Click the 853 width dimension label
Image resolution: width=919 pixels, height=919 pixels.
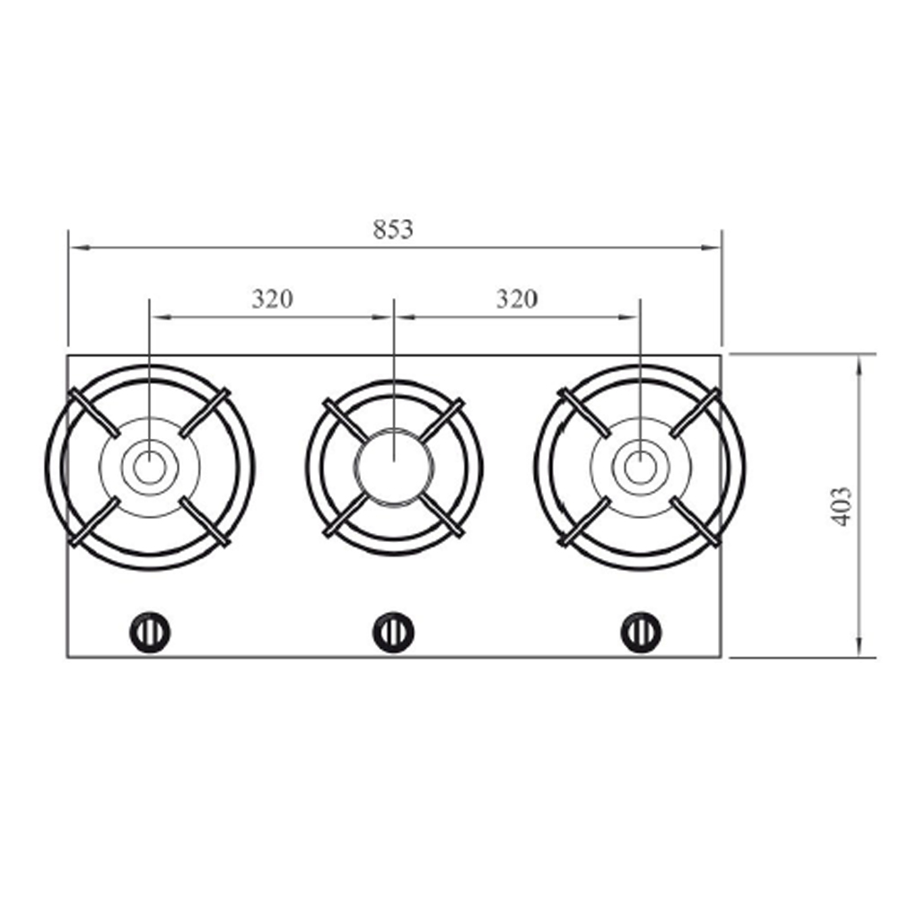coord(393,229)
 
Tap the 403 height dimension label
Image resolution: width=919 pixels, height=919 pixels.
coord(842,506)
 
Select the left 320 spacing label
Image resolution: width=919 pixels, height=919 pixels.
coord(272,300)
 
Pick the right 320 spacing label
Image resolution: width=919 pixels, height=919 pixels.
coord(516,299)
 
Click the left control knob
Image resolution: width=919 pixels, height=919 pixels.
coord(150,633)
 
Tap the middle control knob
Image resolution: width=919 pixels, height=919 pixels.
coord(393,633)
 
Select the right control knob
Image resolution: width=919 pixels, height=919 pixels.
coord(641,633)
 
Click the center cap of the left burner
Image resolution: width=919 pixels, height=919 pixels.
coord(150,468)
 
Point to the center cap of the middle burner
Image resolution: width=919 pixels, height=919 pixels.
coord(394,467)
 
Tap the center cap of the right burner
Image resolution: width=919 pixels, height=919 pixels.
coord(640,468)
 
